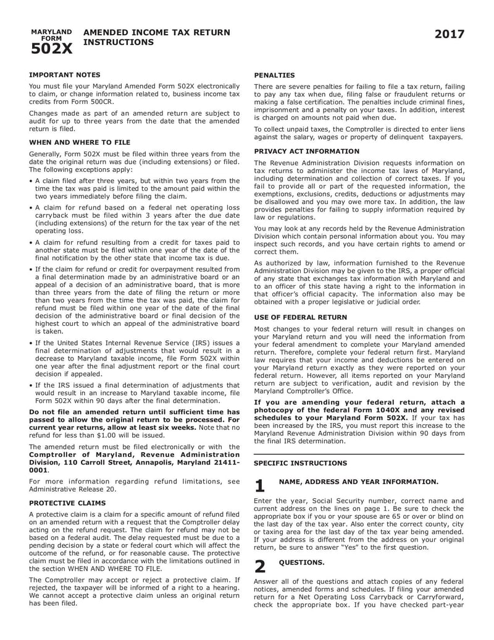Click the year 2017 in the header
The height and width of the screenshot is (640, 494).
pos(449,35)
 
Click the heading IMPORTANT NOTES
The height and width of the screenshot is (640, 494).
pos(61,74)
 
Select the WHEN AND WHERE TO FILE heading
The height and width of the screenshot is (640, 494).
pos(80,142)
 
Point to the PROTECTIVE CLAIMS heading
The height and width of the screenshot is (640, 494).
pos(67,503)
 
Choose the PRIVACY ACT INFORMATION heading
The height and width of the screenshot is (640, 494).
pos(306,151)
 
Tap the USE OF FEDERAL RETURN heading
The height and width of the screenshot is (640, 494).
pos(301,317)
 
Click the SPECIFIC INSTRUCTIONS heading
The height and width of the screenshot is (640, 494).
pos(301,463)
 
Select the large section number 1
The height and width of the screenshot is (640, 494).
pos(260,487)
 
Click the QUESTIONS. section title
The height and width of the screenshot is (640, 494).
pos(301,562)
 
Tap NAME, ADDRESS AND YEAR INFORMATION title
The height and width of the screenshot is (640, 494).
pos(359,480)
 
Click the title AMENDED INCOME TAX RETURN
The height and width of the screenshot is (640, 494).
pos(156,32)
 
